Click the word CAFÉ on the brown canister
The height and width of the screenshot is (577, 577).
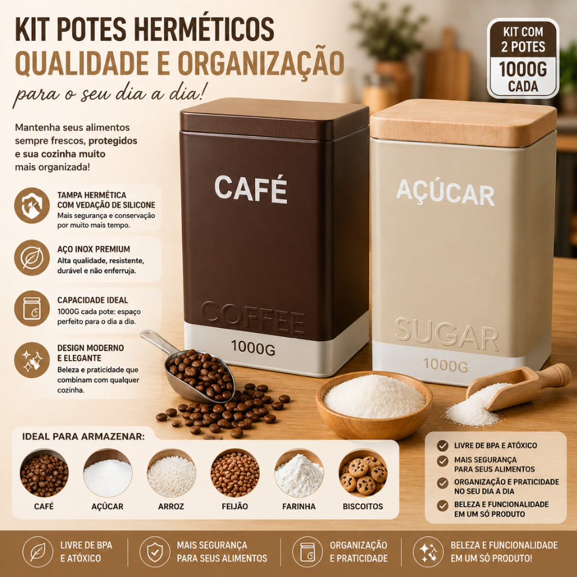click(x=250, y=189)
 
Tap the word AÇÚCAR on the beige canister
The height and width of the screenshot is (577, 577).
click(x=445, y=193)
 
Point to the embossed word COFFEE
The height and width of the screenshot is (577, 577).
click(x=253, y=318)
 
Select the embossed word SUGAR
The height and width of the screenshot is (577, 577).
click(x=447, y=334)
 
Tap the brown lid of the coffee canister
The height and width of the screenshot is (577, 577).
click(x=274, y=118)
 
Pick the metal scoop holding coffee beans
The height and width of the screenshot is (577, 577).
click(x=192, y=368)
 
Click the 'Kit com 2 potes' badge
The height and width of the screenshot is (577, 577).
click(x=523, y=58)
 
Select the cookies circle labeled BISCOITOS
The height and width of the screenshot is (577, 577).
click(x=363, y=473)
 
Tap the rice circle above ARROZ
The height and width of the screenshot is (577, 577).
click(x=171, y=473)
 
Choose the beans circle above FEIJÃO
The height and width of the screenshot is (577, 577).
click(x=235, y=473)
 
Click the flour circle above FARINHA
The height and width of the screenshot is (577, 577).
click(x=299, y=473)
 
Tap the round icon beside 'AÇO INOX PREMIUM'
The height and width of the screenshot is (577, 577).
click(x=32, y=257)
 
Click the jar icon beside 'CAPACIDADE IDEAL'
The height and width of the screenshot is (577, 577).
click(x=32, y=308)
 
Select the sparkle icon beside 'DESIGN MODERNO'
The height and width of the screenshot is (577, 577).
click(x=32, y=360)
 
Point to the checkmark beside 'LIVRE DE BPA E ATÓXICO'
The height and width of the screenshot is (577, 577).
click(x=443, y=445)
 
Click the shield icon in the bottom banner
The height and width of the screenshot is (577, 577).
click(x=155, y=552)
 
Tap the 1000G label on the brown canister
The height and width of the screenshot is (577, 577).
click(x=253, y=348)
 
